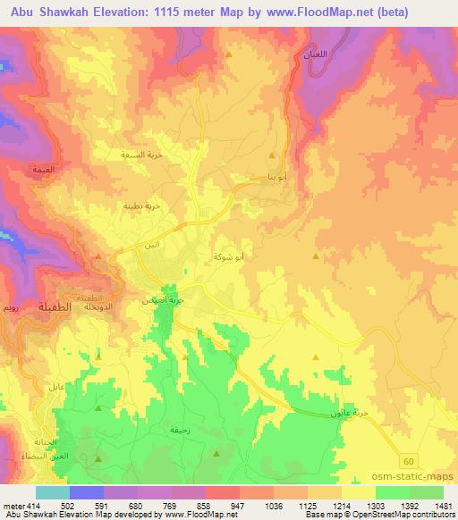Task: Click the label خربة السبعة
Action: (140, 155)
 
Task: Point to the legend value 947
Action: (237, 506)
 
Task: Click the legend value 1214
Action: (342, 506)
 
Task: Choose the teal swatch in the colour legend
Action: (53, 492)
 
